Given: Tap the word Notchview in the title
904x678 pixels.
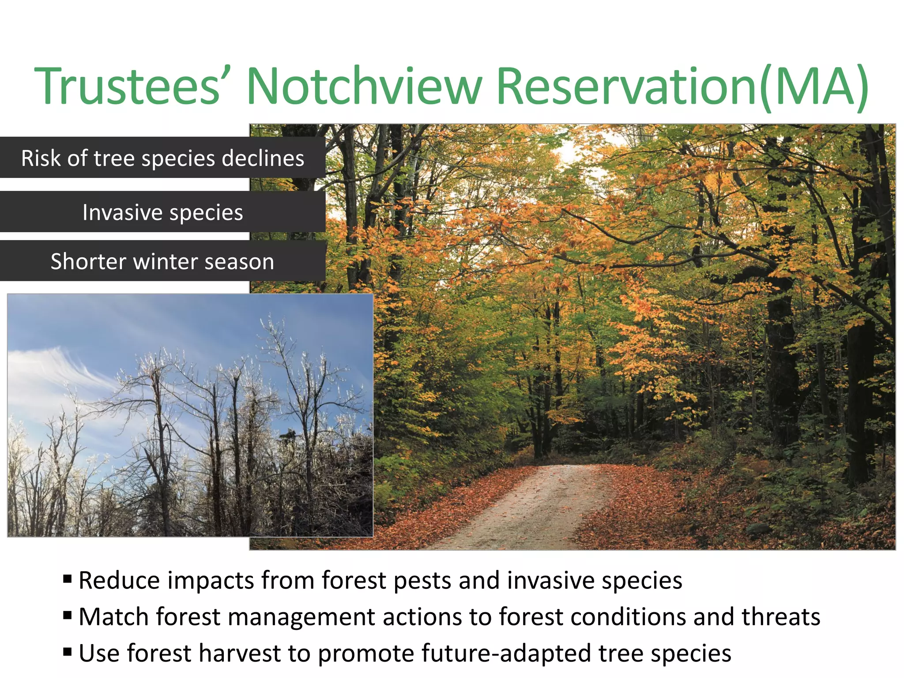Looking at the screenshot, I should (364, 86).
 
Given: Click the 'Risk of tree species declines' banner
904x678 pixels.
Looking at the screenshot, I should (162, 158).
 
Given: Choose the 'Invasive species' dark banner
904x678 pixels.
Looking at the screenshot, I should (162, 212).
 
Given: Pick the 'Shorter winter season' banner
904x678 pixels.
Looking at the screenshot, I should (162, 261).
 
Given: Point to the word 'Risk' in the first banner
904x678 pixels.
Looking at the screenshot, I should (41, 158).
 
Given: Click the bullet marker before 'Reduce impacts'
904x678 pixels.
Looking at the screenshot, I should (67, 579).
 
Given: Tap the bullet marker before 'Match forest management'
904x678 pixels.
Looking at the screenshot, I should (67, 615).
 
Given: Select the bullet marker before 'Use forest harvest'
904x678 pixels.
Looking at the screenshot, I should (67, 652).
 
